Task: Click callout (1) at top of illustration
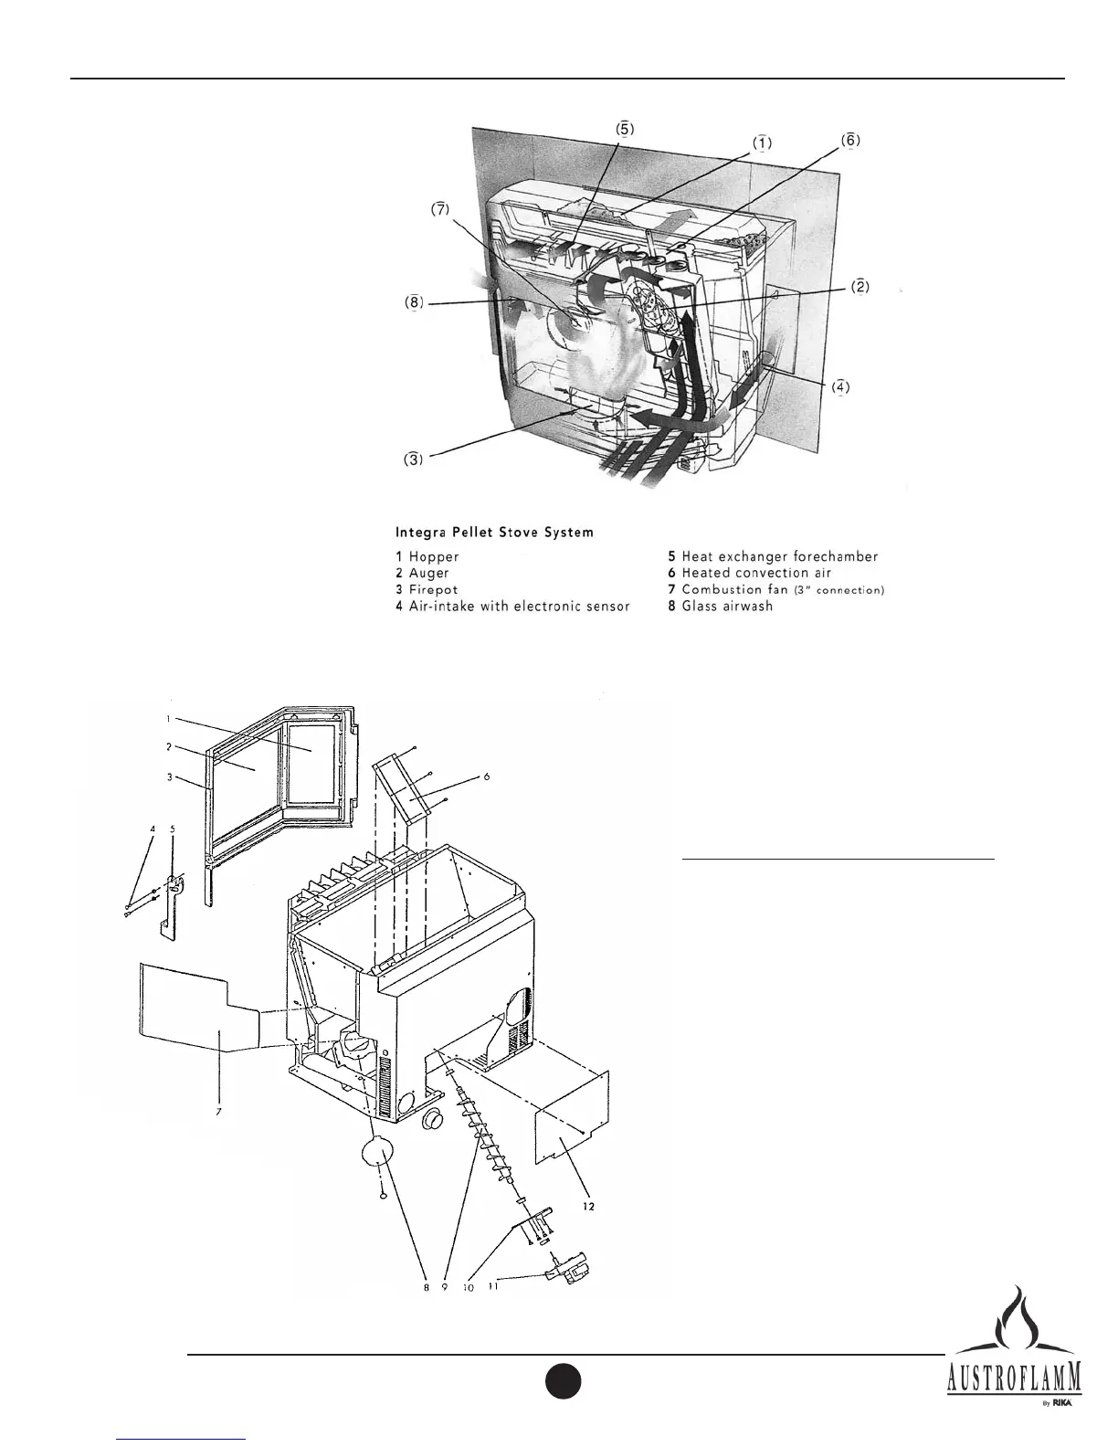point(762,143)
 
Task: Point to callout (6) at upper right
point(849,142)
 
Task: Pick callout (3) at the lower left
point(415,459)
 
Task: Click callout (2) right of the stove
point(860,287)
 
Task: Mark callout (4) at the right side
point(841,386)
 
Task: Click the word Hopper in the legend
point(434,556)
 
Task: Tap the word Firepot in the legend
point(434,590)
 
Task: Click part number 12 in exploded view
point(589,1207)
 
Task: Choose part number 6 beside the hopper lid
point(487,777)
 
